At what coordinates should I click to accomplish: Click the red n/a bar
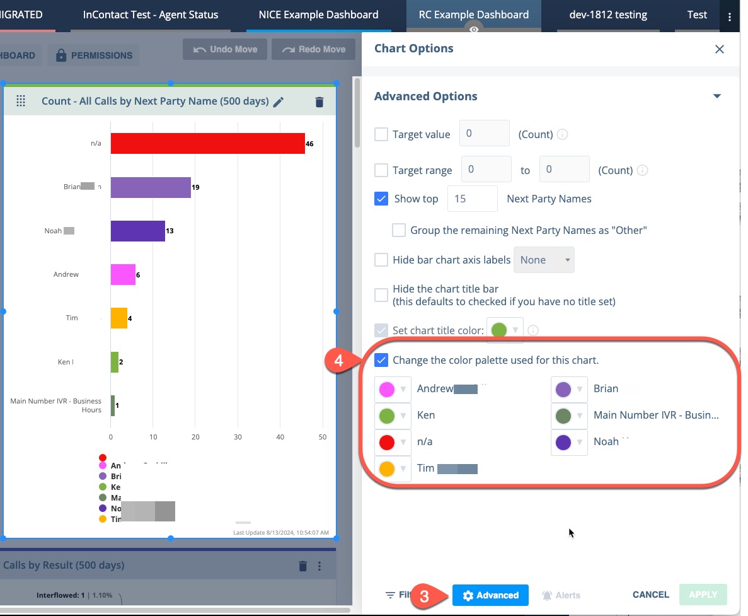coord(207,144)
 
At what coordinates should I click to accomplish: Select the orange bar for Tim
coord(119,318)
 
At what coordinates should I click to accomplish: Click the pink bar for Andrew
coord(123,275)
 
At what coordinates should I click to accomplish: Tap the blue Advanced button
coord(490,595)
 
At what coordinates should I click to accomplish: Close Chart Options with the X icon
coord(719,49)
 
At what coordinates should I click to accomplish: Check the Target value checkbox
coord(381,134)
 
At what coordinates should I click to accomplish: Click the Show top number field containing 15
coord(472,199)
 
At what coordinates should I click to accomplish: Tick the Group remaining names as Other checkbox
coord(399,230)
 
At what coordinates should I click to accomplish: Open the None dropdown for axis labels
coord(544,260)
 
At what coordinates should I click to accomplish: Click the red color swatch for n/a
coord(387,442)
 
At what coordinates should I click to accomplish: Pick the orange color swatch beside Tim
coord(387,468)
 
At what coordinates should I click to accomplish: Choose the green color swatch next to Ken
coord(387,416)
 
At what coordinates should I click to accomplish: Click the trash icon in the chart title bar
coord(319,102)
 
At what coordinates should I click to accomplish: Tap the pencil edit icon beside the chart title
coord(279,102)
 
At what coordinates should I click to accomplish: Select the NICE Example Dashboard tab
coord(318,15)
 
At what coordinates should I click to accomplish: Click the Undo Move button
coord(225,49)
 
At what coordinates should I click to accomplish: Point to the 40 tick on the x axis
coord(281,436)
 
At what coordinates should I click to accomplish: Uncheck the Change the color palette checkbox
coord(381,360)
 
